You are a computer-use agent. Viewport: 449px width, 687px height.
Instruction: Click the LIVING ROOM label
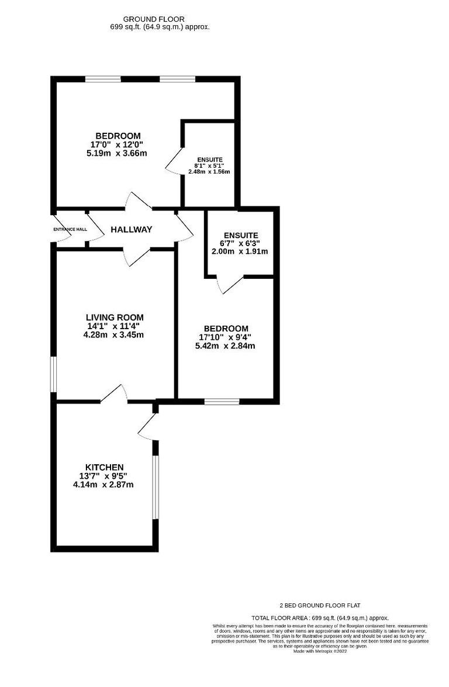114,317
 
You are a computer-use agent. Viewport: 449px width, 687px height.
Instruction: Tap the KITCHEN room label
105,467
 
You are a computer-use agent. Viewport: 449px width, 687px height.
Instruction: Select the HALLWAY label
132,230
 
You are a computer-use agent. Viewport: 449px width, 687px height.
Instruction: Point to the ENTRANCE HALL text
70,229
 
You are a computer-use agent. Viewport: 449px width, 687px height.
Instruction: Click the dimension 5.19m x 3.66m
116,153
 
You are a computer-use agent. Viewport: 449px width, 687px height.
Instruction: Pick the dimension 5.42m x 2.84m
225,346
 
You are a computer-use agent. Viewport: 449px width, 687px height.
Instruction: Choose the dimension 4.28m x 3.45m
114,335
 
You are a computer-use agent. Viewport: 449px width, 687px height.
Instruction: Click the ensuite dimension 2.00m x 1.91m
240,251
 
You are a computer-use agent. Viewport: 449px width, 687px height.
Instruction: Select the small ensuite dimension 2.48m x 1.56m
209,172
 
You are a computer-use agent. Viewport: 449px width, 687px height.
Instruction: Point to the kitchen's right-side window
156,487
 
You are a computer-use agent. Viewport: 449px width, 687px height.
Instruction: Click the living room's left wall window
53,374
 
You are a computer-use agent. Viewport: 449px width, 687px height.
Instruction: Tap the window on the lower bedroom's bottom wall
222,401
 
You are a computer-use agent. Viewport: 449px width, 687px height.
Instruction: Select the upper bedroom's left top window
102,79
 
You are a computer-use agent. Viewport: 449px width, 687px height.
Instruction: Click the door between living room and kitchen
115,393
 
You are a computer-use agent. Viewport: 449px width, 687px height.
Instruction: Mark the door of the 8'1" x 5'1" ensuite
174,160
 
